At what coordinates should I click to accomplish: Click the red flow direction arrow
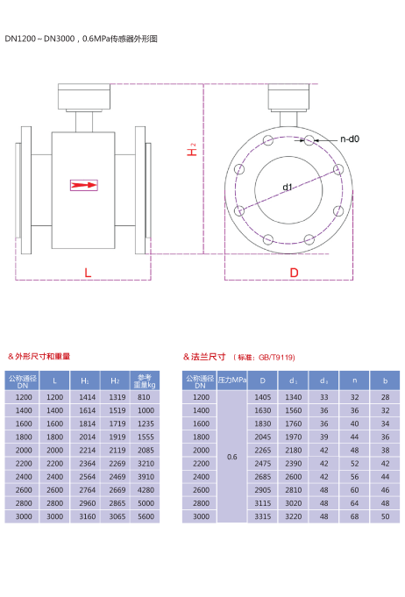tap(84, 185)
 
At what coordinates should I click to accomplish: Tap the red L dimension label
tap(88, 273)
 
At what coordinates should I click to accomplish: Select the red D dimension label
tap(294, 273)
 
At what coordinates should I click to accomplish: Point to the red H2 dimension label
tap(191, 149)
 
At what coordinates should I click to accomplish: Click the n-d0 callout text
tap(350, 139)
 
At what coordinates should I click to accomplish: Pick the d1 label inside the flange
tap(288, 187)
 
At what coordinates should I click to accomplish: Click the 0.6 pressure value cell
tap(231, 457)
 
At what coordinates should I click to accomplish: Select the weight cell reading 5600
tap(146, 516)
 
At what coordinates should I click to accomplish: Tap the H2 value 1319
tap(117, 397)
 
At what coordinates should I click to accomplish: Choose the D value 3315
tap(263, 516)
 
